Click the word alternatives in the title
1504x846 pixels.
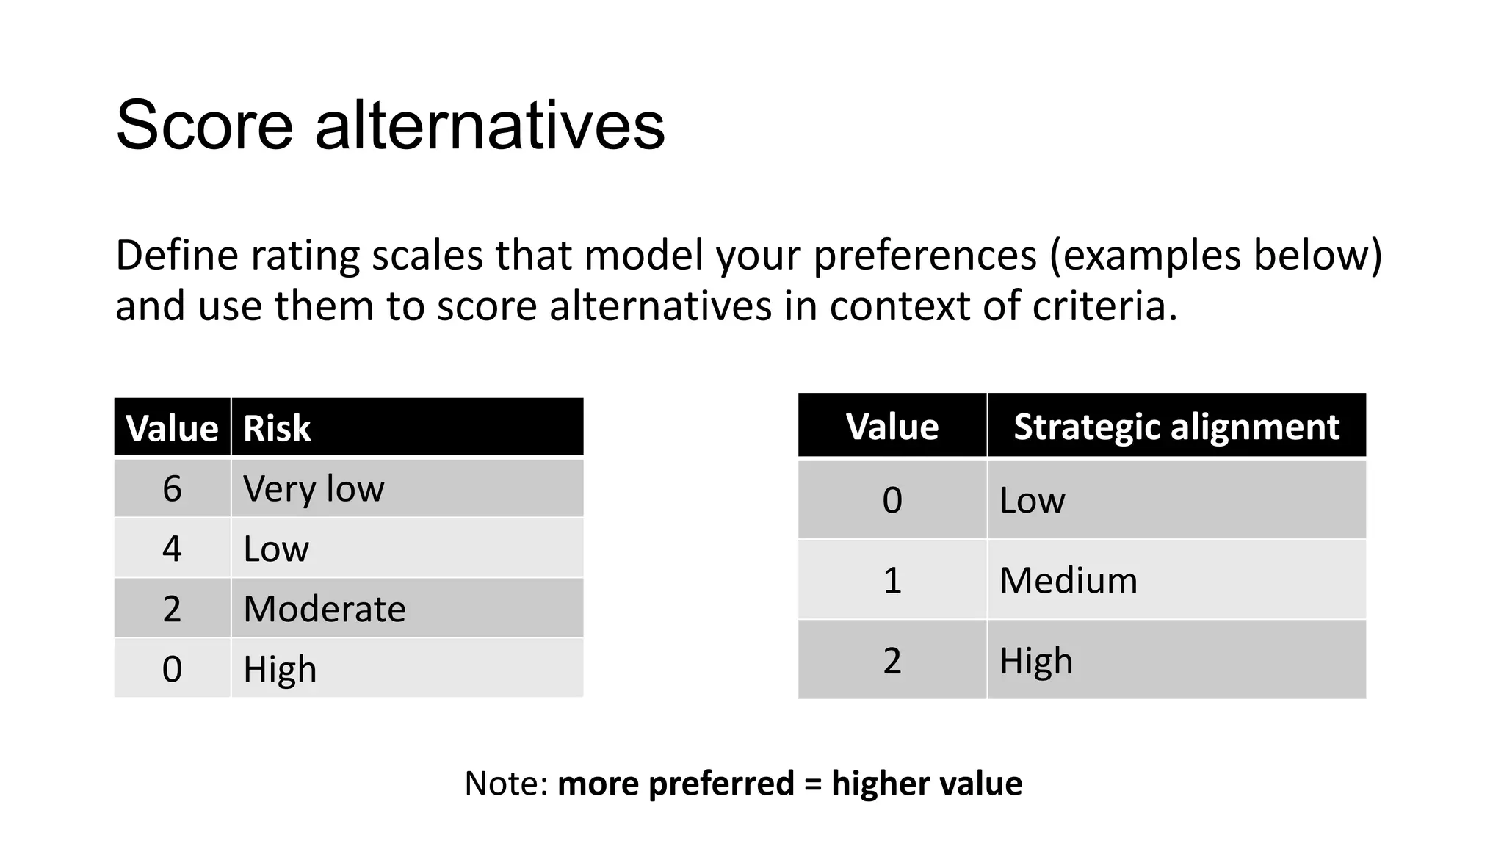tap(490, 126)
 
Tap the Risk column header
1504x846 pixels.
tap(277, 428)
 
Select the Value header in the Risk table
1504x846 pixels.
tap(172, 428)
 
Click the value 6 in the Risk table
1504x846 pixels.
tap(172, 489)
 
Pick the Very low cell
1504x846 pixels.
tap(314, 489)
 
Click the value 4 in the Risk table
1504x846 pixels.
tap(172, 549)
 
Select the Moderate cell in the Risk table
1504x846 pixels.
tap(325, 610)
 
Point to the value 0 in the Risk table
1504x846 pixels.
tap(172, 670)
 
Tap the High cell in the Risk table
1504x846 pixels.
tap(280, 670)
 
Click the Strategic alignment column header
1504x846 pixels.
tap(1176, 427)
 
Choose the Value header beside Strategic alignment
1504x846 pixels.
tap(892, 427)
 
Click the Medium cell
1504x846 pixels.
tap(1069, 581)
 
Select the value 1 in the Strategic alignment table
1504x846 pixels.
tap(892, 581)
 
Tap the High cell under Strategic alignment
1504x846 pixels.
tap(1036, 661)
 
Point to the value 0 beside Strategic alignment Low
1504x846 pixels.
tap(892, 501)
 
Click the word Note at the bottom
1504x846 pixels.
tap(505, 784)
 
